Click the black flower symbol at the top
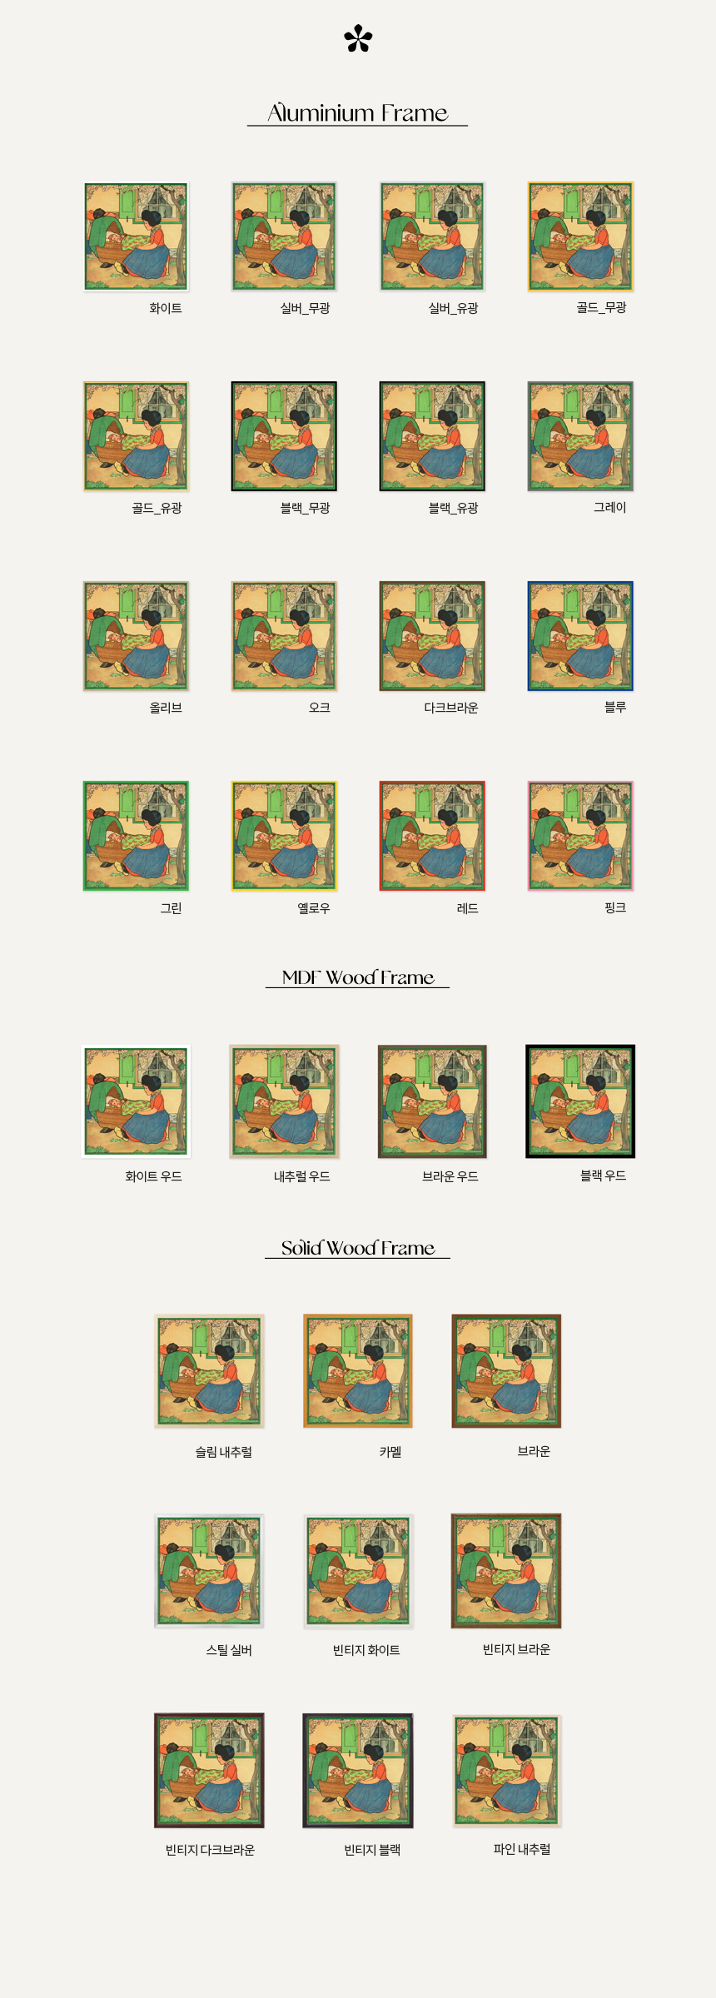click(x=358, y=39)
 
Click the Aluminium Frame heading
click(x=357, y=112)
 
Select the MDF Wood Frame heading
click(x=358, y=977)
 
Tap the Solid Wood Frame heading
click(x=358, y=1247)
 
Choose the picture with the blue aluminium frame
click(x=580, y=636)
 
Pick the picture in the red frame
click(x=432, y=836)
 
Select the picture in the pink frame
click(x=580, y=836)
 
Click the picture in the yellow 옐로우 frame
click(x=284, y=836)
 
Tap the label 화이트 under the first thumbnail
click(x=166, y=308)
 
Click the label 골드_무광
click(x=601, y=307)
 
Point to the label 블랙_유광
click(x=453, y=508)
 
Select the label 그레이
click(x=609, y=507)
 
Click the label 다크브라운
click(x=451, y=708)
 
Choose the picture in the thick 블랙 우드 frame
click(x=580, y=1101)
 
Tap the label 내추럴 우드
click(x=302, y=1176)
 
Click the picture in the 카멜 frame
click(x=358, y=1371)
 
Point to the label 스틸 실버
click(x=229, y=1650)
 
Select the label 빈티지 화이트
click(x=366, y=1650)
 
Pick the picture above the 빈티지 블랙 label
click(x=358, y=1771)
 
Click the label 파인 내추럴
click(x=522, y=1849)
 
